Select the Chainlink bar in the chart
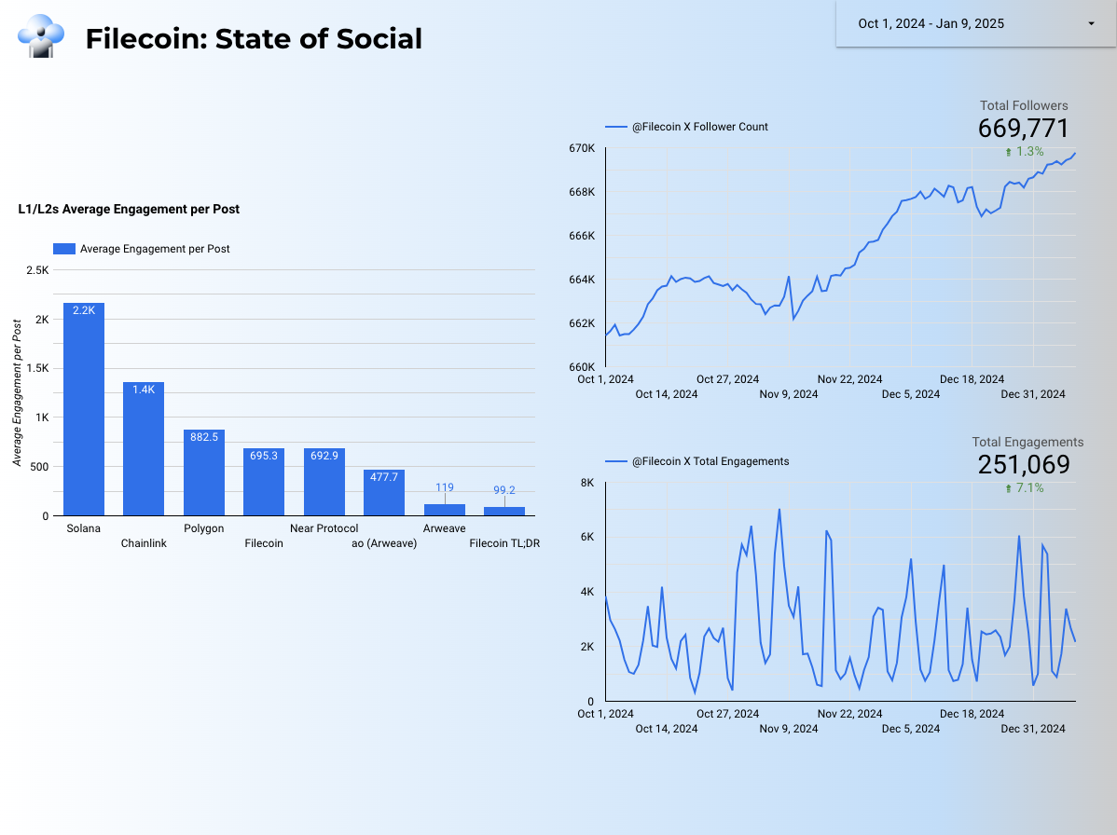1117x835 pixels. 144,448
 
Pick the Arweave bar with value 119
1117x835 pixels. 444,510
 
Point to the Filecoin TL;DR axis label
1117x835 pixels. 504,543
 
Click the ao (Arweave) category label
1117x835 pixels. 384,543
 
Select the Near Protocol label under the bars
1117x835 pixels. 324,528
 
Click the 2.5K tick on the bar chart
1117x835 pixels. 38,270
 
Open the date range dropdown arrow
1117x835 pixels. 1091,24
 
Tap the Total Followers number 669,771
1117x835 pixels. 1023,129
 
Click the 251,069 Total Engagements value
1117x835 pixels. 1023,464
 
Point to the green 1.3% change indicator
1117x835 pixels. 1025,151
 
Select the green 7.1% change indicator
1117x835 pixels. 1025,487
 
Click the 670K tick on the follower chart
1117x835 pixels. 582,148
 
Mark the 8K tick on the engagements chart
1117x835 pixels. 587,483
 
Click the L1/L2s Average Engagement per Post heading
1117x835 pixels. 129,210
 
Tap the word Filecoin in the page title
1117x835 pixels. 144,39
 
